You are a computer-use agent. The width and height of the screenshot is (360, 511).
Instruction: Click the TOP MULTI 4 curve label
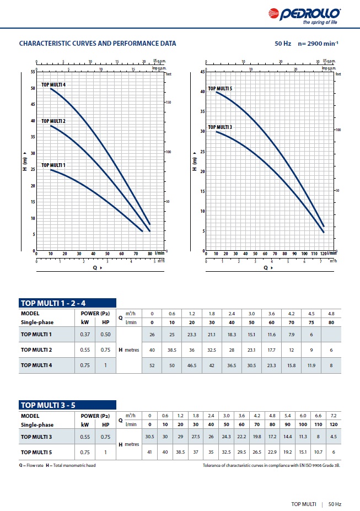[x=53, y=85]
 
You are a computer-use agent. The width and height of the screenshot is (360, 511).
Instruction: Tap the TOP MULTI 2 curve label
[x=53, y=121]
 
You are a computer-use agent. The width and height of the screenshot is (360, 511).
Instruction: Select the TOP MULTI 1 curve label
[x=53, y=165]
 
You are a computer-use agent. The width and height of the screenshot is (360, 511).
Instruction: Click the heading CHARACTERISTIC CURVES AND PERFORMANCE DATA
[x=98, y=43]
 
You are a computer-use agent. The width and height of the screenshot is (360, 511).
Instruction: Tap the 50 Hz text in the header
[x=283, y=43]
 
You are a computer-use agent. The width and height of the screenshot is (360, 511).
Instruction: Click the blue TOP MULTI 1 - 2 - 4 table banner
[x=67, y=303]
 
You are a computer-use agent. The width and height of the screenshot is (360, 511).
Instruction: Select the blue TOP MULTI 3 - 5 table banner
[x=67, y=405]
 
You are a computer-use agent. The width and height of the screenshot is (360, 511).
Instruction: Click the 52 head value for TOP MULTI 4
[x=152, y=365]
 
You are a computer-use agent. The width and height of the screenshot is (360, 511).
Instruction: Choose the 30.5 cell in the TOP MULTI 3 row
[x=149, y=437]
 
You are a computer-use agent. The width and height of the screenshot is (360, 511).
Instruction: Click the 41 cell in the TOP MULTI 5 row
[x=149, y=452]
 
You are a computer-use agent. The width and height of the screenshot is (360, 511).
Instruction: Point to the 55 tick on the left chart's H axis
[x=33, y=72]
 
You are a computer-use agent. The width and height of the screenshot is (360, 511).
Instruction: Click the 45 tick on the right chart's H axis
[x=202, y=72]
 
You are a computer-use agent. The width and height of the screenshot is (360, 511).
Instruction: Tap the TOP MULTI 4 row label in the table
[x=36, y=365]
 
